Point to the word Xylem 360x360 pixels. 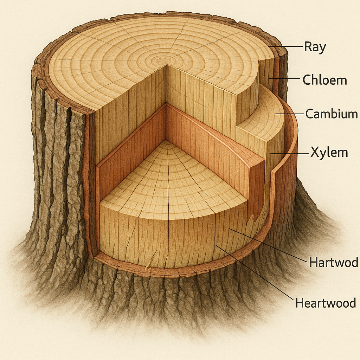329,153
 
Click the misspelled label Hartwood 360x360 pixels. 333,262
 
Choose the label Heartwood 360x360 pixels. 326,303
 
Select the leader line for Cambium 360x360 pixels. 289,114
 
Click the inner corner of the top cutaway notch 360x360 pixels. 166,66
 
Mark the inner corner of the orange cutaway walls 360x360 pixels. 166,104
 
